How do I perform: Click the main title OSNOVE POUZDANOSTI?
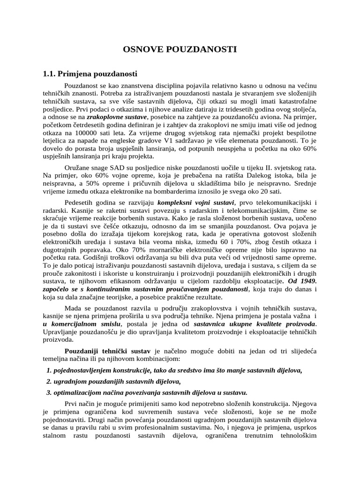point(180,49)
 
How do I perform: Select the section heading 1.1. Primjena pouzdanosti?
point(90,74)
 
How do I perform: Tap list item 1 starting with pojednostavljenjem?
point(174,370)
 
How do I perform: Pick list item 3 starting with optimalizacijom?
point(147,393)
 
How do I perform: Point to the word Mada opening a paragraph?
point(72,307)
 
